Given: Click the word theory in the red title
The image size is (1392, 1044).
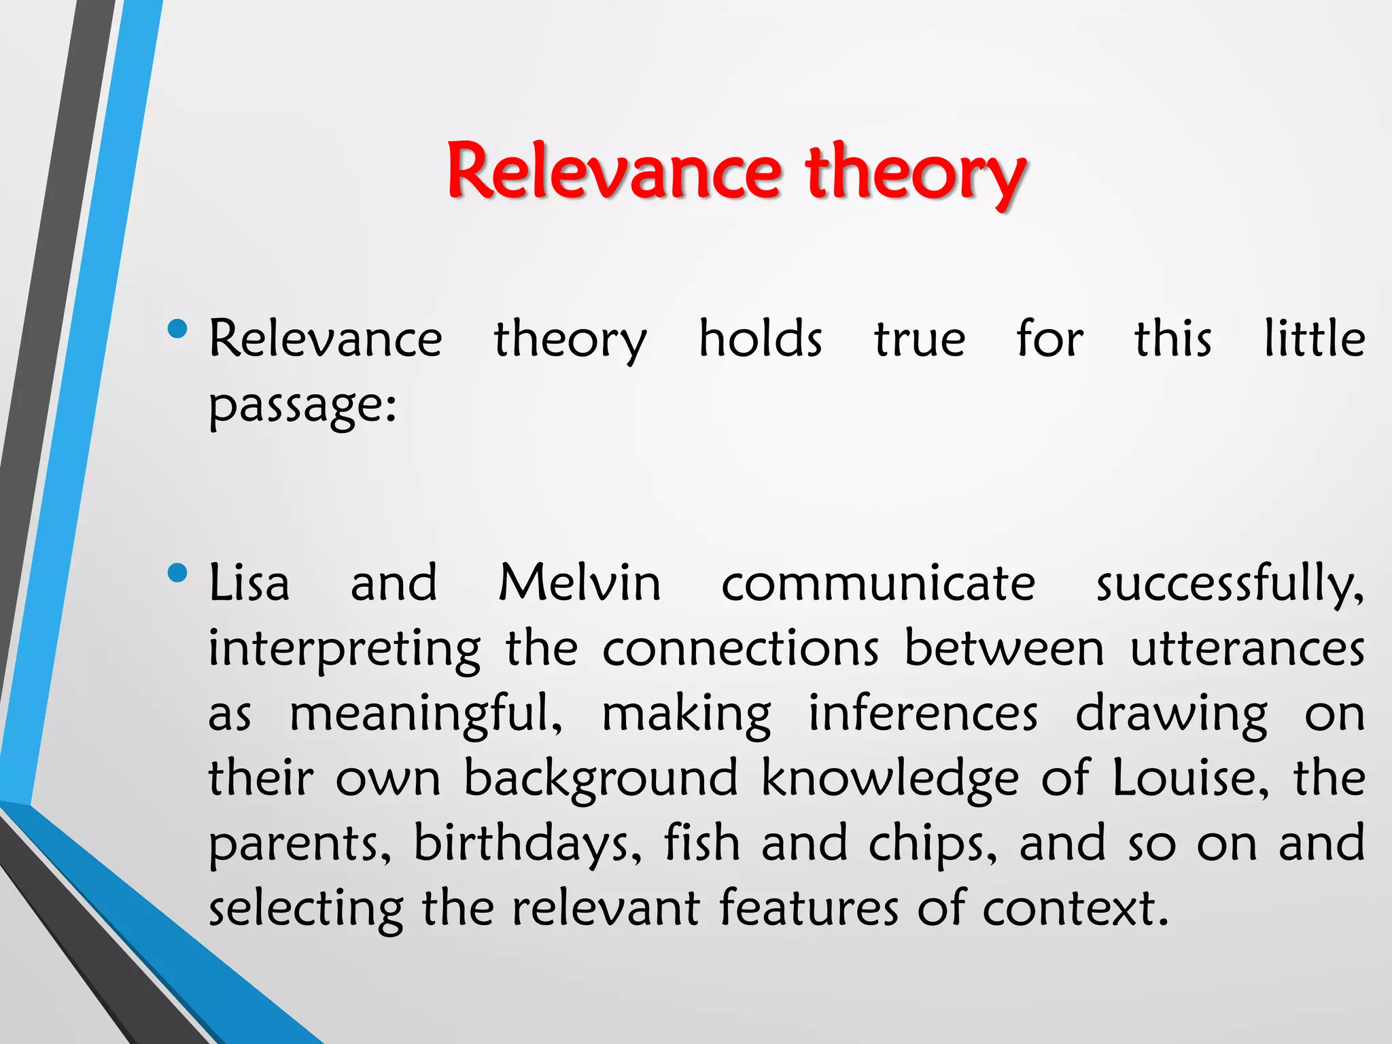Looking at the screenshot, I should pos(915,173).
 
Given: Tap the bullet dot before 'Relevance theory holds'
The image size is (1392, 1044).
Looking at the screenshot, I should pos(177,330).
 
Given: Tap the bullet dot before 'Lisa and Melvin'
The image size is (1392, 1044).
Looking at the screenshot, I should pos(177,573).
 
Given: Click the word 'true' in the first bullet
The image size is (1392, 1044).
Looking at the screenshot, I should pos(919,340).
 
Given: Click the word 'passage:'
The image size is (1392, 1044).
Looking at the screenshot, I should pos(302,406).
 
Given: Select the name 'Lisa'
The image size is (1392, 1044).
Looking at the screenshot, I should pos(249,583).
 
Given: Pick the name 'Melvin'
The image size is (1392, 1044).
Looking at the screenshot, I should pos(580,583).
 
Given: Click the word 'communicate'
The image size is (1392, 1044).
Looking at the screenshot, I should pos(878,584).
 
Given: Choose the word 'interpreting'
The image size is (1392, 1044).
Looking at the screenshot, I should pos(345,650).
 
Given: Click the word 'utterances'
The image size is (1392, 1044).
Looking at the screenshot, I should pos(1247,648).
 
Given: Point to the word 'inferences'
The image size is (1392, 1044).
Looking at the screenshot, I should pos(923,714).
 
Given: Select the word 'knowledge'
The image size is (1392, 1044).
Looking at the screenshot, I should pos(889,779).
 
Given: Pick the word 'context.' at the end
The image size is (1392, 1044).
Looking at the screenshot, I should pos(1075,908).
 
